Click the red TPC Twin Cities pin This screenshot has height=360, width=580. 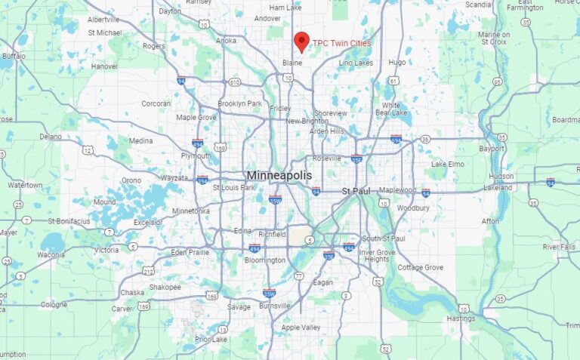tap(301, 41)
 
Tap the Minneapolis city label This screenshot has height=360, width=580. tap(279, 175)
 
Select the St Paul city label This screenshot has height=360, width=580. tap(356, 191)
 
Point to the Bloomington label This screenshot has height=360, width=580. tap(265, 260)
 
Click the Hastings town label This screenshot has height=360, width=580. tap(461, 318)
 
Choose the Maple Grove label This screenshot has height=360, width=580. tap(196, 118)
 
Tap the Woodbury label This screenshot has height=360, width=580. tap(413, 208)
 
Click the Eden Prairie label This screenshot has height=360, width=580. tap(190, 252)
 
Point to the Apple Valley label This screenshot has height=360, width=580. tap(301, 328)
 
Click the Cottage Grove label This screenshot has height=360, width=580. tap(421, 268)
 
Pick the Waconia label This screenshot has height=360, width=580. tap(51, 255)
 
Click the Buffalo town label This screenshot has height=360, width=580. tap(14, 56)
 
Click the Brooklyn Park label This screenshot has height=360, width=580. tap(239, 103)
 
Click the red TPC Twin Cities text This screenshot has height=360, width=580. tap(342, 43)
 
